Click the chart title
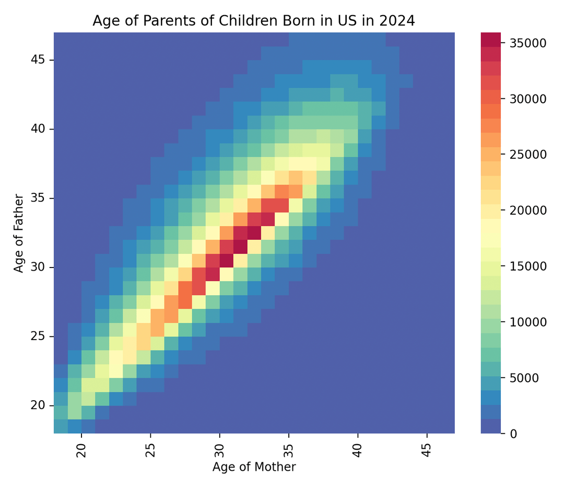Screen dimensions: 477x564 tap(254, 21)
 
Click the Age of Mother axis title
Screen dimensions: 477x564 tap(254, 467)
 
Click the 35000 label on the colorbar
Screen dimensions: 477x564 tap(528, 43)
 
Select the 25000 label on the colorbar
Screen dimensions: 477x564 tap(528, 155)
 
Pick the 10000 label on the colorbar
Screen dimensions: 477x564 tap(528, 322)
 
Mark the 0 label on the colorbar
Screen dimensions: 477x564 tap(514, 434)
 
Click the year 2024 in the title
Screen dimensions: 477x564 tap(398, 21)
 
